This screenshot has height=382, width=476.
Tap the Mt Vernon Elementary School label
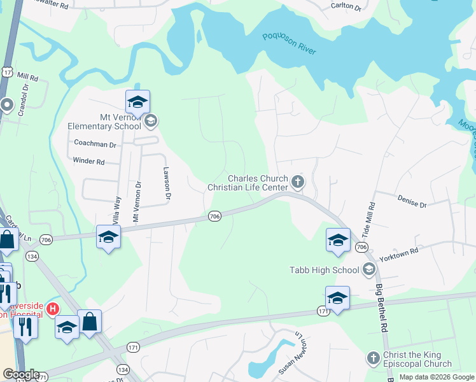[104, 122]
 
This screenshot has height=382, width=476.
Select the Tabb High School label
[324, 270]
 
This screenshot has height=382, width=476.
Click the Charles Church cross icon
[297, 183]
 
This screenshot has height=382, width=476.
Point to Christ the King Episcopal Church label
[422, 359]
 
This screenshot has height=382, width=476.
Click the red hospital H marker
[53, 308]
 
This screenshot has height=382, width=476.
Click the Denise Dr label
[412, 202]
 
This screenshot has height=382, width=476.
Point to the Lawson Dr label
[167, 183]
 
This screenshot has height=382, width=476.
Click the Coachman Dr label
[95, 145]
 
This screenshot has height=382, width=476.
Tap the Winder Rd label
[88, 162]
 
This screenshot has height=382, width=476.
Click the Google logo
[20, 374]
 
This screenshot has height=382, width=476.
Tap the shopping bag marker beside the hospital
[90, 323]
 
